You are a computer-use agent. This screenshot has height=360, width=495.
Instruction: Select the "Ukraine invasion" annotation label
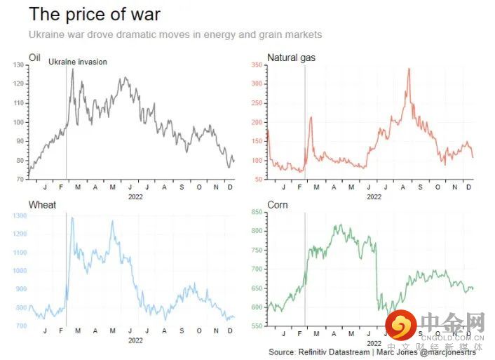coord(78,62)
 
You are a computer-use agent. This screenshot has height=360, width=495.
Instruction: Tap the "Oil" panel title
coord(34,56)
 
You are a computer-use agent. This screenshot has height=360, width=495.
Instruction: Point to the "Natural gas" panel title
coord(291,57)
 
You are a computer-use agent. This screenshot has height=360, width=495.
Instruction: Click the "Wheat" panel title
coord(42,205)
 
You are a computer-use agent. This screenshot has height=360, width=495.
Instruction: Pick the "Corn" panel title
coord(278,205)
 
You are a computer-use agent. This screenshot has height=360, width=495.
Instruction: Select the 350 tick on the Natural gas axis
coord(256,65)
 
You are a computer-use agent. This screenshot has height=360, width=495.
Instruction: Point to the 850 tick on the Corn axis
coord(256,213)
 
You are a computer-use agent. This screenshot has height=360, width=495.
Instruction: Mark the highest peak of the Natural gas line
coord(409,69)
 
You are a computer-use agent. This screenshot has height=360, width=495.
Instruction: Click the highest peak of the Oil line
coord(72,69)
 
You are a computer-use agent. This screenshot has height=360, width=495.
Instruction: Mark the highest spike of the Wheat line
coord(72,218)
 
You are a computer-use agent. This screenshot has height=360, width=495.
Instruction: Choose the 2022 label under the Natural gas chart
coord(374,196)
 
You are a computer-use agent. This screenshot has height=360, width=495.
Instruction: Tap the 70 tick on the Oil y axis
coord(20,180)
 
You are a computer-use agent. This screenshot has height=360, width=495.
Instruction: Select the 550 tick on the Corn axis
coord(256,326)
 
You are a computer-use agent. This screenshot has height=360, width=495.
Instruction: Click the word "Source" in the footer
coord(282,352)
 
